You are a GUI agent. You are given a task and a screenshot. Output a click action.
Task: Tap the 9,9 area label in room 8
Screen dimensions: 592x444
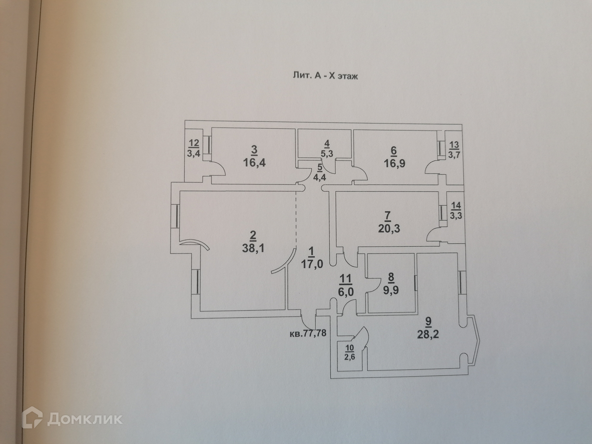tap(391, 291)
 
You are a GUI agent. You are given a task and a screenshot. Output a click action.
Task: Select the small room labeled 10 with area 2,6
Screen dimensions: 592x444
tap(349, 354)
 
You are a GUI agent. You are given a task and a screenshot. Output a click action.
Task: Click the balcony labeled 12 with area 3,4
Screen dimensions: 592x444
tap(194, 151)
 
